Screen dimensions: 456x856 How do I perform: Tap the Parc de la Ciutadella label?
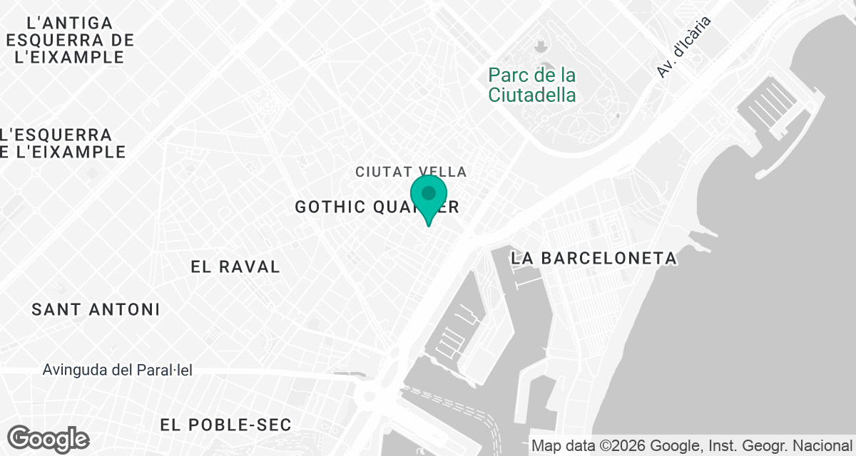click(533, 84)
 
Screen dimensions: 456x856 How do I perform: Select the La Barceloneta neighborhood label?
click(593, 258)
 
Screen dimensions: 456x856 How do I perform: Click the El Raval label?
click(235, 266)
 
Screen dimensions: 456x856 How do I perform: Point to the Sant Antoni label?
click(96, 309)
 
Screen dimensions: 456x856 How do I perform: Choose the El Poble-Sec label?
click(225, 425)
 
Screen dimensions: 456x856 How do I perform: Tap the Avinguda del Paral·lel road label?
click(118, 370)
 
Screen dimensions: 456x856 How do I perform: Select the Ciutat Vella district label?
click(411, 172)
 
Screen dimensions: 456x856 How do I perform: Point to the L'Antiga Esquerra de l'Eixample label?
click(68, 40)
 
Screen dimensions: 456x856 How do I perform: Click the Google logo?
click(49, 439)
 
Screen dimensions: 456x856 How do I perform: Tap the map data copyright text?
click(692, 446)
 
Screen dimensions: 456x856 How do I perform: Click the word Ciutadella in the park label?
click(533, 94)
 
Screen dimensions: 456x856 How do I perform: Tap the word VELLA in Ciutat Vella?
click(443, 172)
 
